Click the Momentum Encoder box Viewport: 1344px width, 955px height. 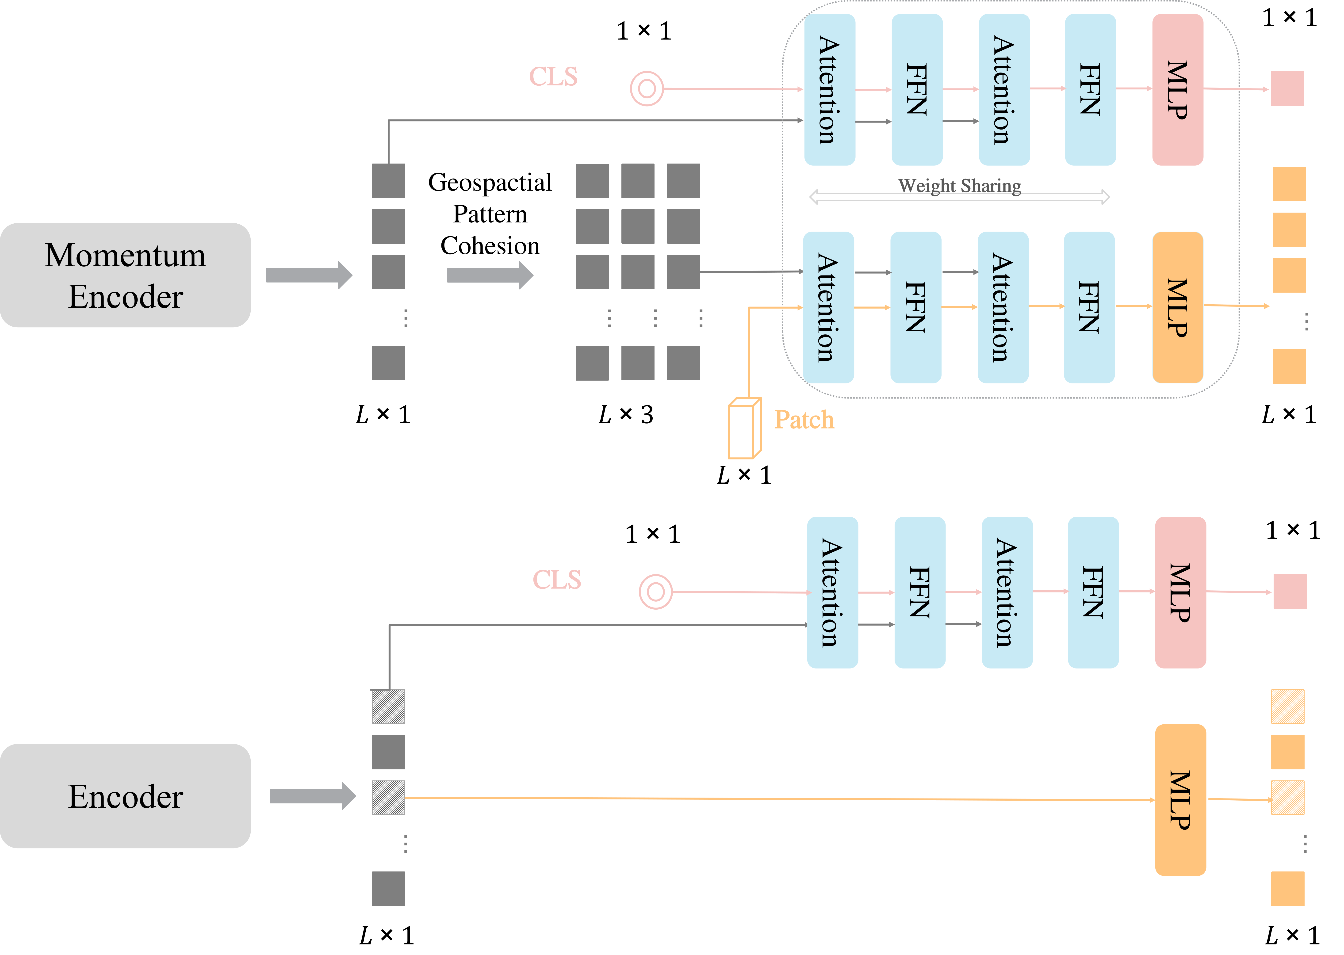pos(125,275)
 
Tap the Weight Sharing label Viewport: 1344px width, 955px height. pos(959,186)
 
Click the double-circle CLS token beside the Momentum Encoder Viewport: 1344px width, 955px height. pos(646,89)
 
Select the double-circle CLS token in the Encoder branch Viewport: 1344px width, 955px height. pos(655,592)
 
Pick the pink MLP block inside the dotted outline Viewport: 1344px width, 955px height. pos(1178,90)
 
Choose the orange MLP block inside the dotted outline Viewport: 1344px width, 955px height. pos(1178,308)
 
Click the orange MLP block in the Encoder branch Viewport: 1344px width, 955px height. pos(1180,800)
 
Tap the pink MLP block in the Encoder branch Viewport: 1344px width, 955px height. pos(1180,592)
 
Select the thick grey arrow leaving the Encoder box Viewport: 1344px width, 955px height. pos(312,796)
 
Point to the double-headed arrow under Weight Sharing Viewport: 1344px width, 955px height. pos(959,197)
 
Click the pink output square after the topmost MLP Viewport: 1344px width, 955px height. pos(1287,89)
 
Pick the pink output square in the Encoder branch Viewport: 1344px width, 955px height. pos(1290,592)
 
